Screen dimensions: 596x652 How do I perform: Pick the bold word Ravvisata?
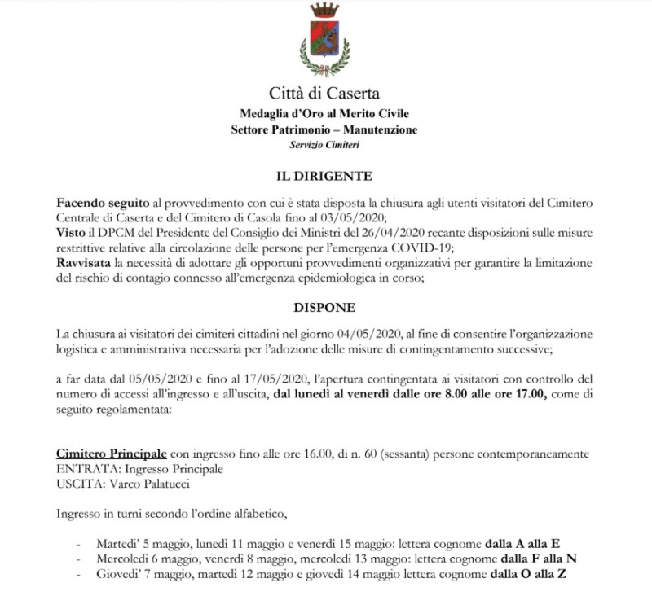coord(85,263)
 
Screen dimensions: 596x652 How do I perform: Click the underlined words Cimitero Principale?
coord(112,453)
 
